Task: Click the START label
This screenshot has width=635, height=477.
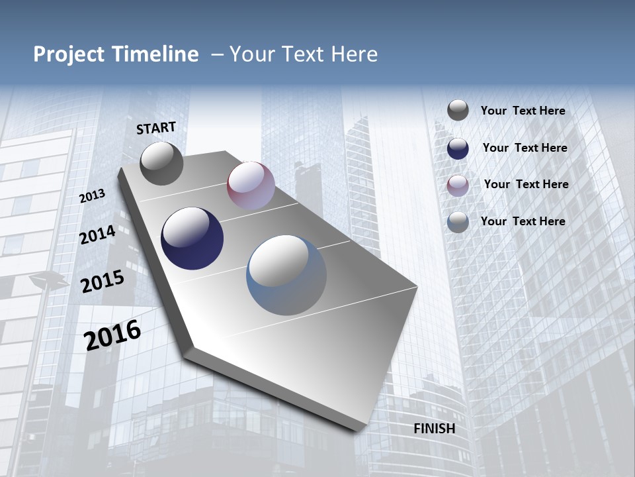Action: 156,128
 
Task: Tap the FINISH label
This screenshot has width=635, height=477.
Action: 435,429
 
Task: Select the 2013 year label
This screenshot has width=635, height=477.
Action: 93,196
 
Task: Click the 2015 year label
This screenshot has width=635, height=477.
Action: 103,282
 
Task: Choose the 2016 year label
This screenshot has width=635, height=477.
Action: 112,335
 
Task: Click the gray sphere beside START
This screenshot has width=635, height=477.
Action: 161,163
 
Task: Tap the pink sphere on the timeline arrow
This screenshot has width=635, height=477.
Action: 251,185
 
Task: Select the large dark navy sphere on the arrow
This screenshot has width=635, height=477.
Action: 192,238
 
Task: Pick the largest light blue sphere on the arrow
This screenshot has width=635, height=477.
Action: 286,275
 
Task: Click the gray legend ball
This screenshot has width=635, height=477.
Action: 458,111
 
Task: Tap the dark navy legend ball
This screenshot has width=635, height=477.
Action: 458,148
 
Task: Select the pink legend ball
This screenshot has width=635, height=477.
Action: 458,185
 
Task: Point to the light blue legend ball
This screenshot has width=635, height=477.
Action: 458,222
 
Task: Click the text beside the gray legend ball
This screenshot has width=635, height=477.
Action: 523,111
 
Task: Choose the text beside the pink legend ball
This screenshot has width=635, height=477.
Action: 526,184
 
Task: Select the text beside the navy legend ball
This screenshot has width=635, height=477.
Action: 525,148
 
